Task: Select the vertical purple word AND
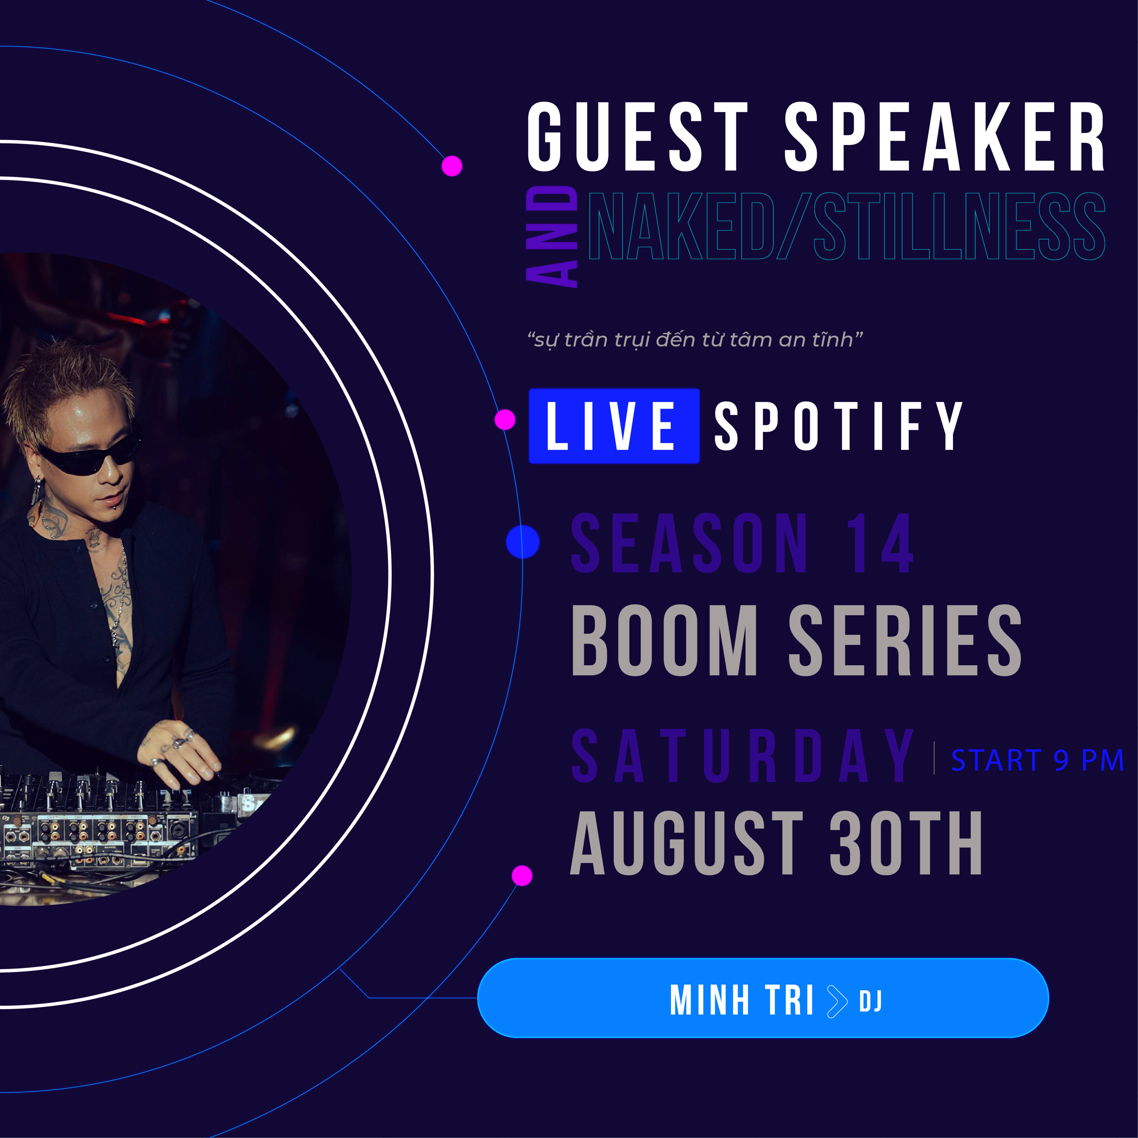tap(552, 237)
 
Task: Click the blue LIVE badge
tap(614, 426)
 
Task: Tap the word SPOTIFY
tap(838, 426)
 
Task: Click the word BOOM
tap(665, 640)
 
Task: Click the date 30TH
tap(906, 843)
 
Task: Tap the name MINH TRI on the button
tap(742, 1000)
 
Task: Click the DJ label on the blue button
tap(870, 1001)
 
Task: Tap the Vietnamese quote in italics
tap(695, 340)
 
